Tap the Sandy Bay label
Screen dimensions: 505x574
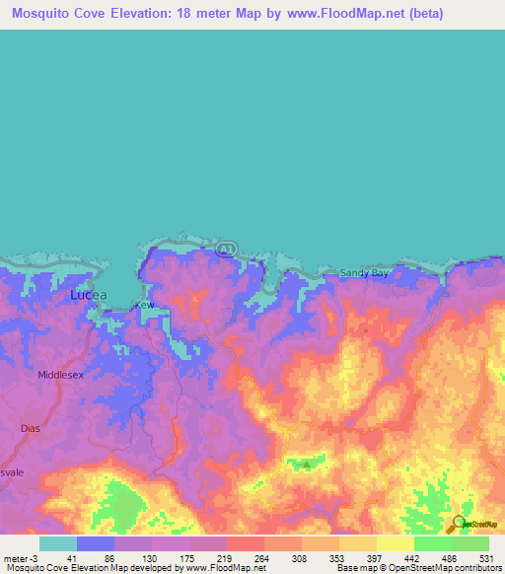(x=364, y=273)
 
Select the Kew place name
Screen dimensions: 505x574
(x=145, y=306)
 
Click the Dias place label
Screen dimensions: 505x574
(x=30, y=429)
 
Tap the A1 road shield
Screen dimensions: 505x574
(x=226, y=249)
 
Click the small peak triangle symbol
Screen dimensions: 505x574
(x=306, y=463)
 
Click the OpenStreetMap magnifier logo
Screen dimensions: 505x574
(x=456, y=524)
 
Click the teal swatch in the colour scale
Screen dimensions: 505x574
(x=58, y=543)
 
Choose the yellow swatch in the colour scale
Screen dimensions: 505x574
(x=395, y=543)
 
